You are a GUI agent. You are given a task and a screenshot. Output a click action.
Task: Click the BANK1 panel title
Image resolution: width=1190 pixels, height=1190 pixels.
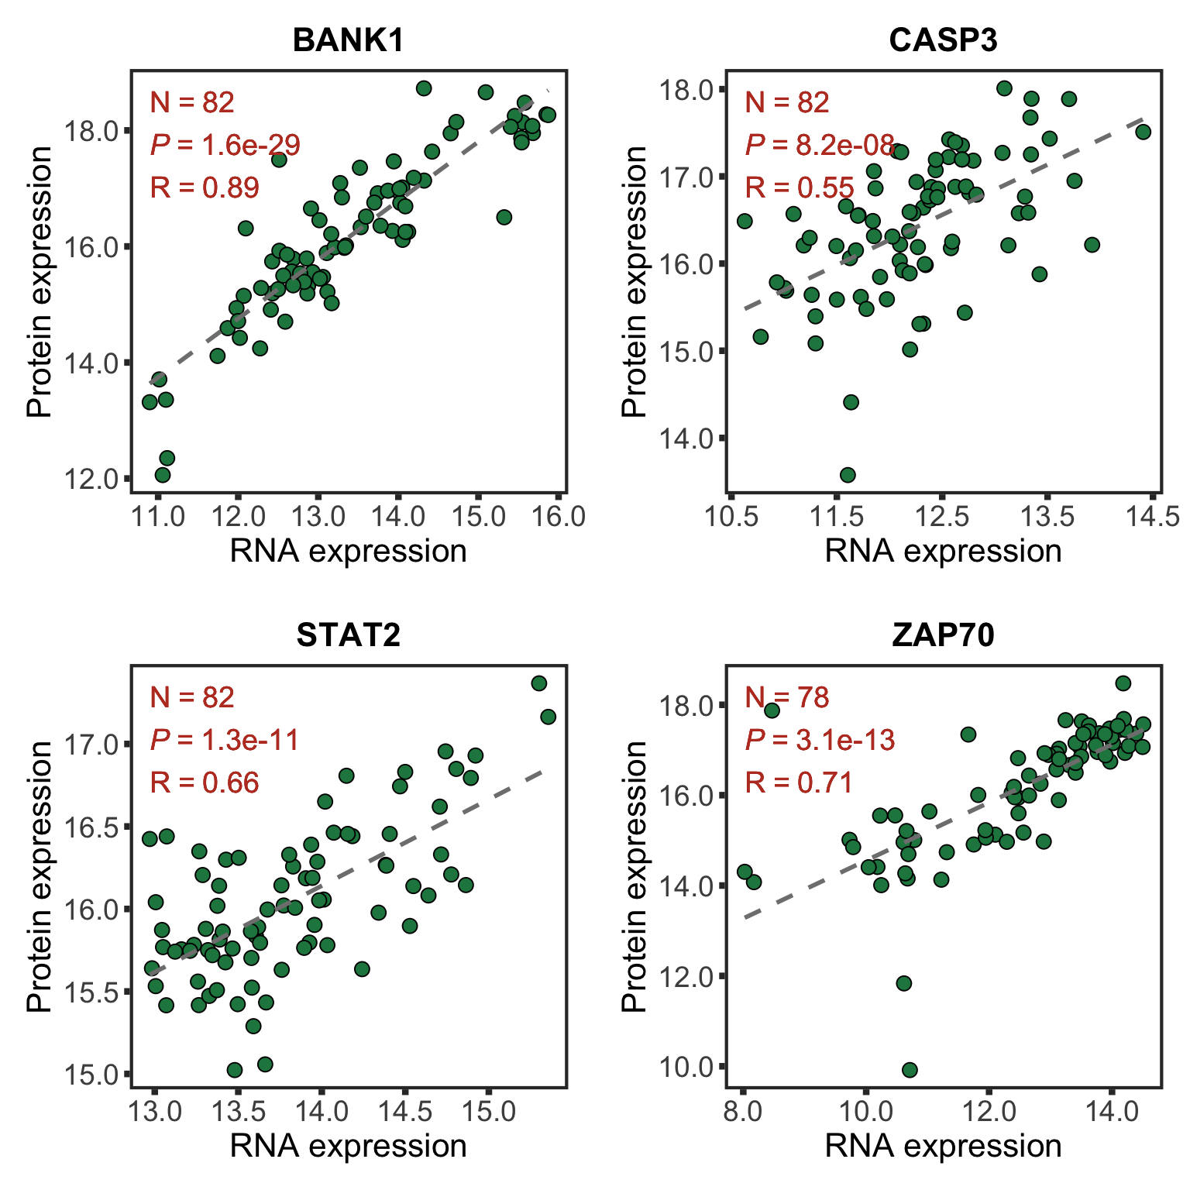[349, 40]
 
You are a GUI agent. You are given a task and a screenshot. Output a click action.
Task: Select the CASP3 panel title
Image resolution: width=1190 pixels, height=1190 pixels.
[943, 40]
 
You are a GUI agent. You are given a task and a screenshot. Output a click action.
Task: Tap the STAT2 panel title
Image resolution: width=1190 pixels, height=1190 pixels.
[349, 635]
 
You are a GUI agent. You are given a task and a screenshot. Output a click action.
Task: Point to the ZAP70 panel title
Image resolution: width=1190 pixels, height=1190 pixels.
[943, 635]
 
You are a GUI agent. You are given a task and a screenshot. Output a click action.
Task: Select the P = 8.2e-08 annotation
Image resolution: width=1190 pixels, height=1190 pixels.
[820, 145]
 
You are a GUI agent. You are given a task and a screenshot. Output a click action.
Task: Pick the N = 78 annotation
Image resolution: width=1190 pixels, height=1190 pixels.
[787, 697]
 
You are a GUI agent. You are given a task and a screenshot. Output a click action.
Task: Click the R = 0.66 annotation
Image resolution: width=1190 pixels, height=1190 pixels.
[205, 782]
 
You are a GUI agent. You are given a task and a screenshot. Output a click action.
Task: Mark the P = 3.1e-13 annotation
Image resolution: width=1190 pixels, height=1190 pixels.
[820, 740]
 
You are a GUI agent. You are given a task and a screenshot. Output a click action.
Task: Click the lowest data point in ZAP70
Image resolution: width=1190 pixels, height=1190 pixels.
[910, 1070]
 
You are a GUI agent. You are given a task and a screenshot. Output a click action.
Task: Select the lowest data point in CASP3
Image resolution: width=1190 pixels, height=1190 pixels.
[848, 475]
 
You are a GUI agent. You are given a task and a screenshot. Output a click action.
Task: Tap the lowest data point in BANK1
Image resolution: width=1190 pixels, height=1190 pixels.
[163, 475]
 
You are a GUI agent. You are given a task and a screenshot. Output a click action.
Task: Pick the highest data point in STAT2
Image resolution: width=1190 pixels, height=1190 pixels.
[539, 683]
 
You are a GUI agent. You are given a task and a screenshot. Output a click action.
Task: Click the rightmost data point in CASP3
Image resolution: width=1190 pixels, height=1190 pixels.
[1143, 132]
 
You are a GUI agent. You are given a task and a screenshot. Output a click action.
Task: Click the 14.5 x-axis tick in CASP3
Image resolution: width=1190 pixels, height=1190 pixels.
[1153, 517]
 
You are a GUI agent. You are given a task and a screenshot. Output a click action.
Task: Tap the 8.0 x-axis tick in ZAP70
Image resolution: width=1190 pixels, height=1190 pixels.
[742, 1112]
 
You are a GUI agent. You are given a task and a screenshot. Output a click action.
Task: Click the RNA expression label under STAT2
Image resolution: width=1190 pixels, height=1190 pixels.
[349, 1146]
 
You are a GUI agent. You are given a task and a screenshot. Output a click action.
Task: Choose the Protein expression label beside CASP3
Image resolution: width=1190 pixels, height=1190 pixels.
[635, 281]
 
